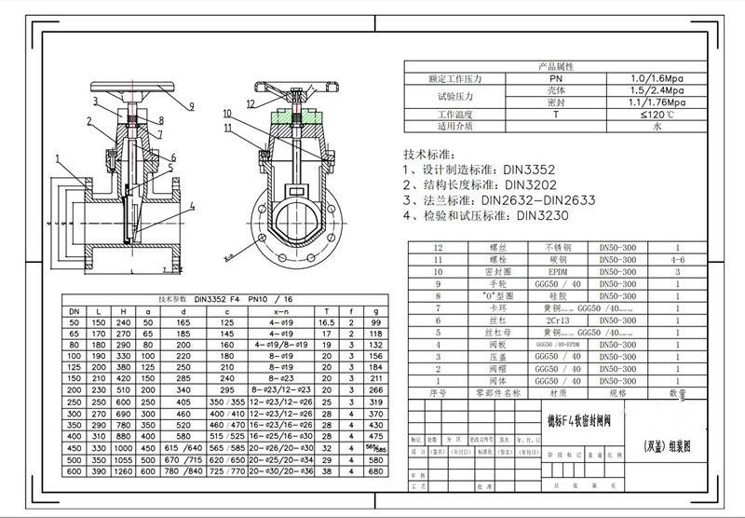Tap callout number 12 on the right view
coord(251,102)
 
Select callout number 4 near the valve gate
coord(191,204)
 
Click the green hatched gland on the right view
coord(297,119)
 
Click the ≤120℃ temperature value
coord(657,114)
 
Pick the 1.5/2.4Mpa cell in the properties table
coord(657,91)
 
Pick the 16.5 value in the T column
coord(326,321)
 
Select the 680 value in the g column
coord(376,471)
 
